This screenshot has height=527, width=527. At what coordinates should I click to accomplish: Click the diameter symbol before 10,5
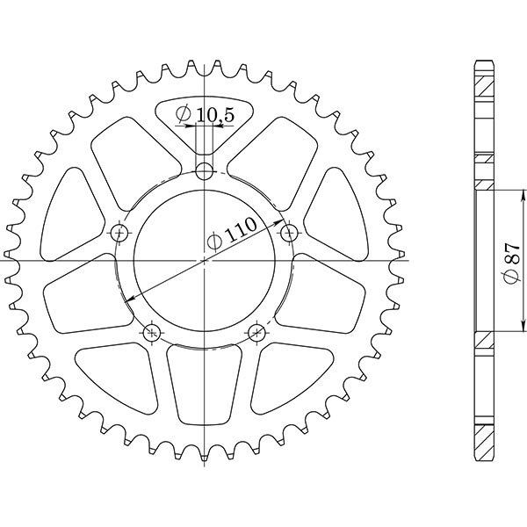184,114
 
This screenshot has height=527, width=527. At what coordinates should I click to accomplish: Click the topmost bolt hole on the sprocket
205,170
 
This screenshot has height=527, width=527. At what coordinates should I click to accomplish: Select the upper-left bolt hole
120,233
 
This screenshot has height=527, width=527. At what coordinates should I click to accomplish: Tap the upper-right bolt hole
289,233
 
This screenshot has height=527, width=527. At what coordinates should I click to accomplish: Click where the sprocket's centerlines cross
205,260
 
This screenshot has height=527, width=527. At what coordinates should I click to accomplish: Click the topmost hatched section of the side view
485,89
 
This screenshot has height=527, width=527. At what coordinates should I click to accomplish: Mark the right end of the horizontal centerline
409,260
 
